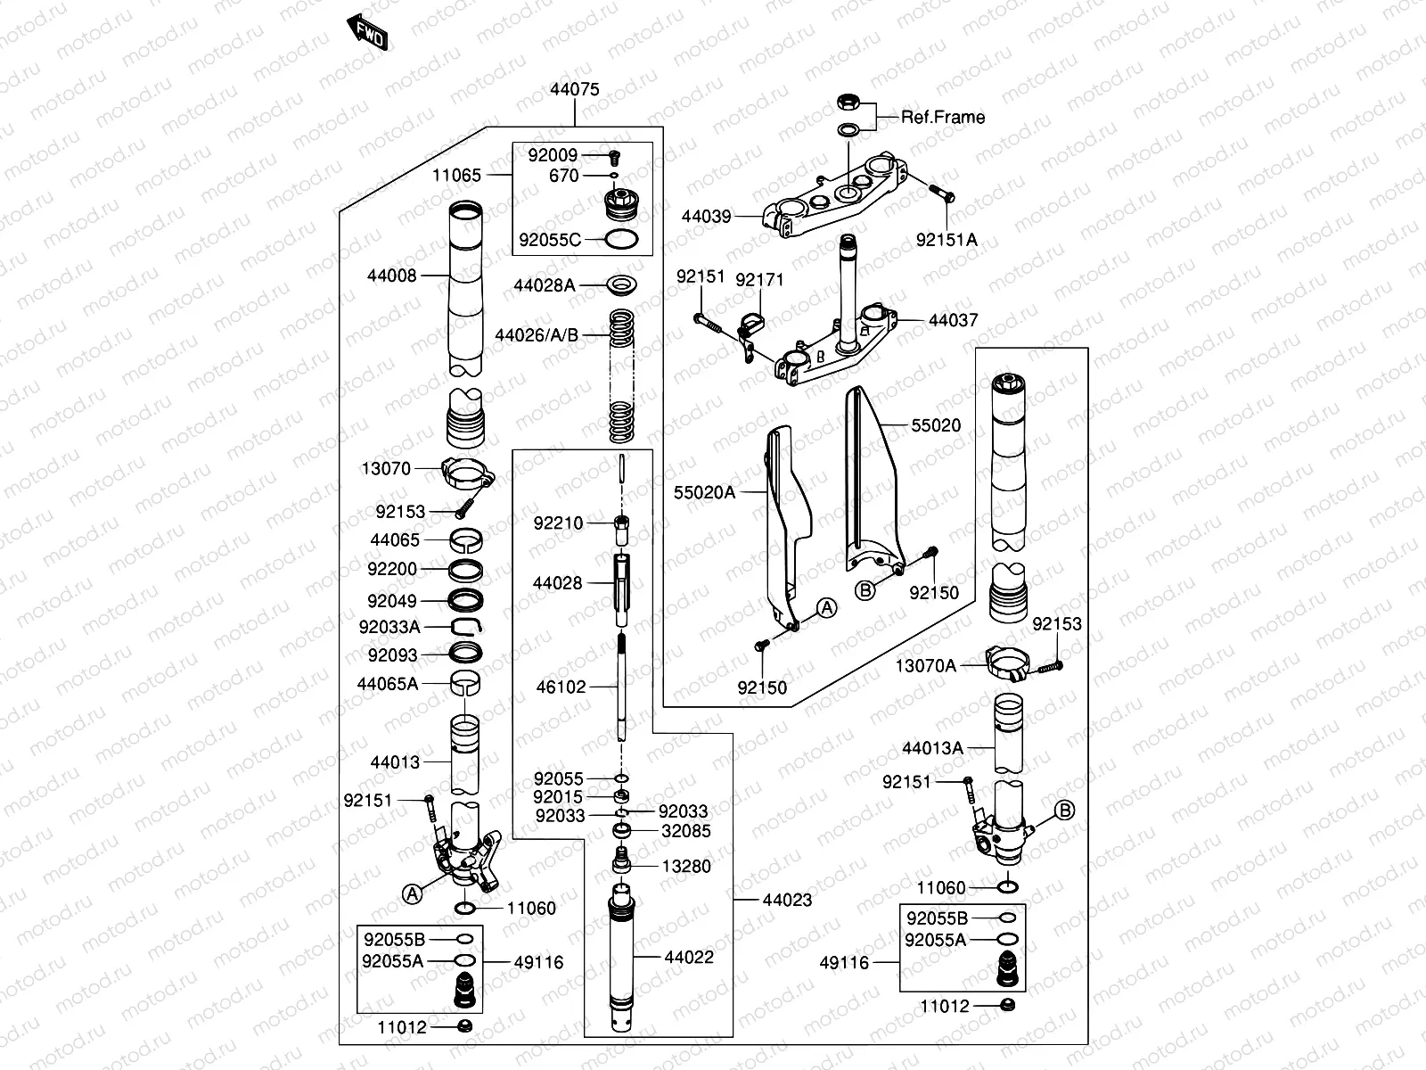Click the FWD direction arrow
point(368,32)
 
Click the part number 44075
point(574,90)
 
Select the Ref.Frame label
point(943,117)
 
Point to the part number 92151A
point(947,240)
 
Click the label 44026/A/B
point(537,335)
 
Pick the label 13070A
point(925,665)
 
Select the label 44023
point(787,901)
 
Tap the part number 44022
point(688,958)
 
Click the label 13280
point(686,866)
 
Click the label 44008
point(392,276)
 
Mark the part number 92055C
point(549,240)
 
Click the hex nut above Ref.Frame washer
point(848,103)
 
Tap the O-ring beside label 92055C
point(620,239)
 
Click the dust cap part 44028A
point(621,285)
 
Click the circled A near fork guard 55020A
point(828,608)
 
